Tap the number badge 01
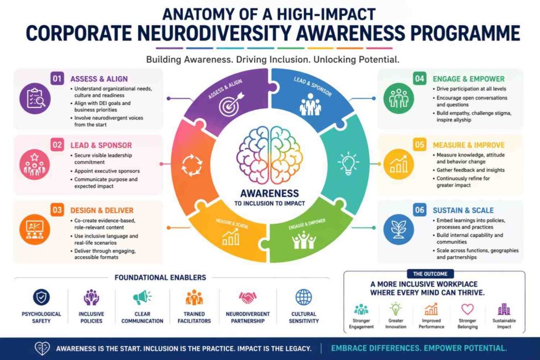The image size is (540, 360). pos(57,79)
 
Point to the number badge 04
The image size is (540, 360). pos(419,79)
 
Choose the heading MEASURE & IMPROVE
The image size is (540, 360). pos(468,145)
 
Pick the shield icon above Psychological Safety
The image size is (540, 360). pos(41,298)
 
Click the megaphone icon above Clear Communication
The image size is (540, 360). pos(142,298)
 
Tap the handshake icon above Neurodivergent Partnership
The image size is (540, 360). pos(247,298)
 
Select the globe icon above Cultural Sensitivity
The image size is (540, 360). pos(303,298)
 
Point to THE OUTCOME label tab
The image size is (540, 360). pos(434,274)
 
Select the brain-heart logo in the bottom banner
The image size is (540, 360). pos(42,348)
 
